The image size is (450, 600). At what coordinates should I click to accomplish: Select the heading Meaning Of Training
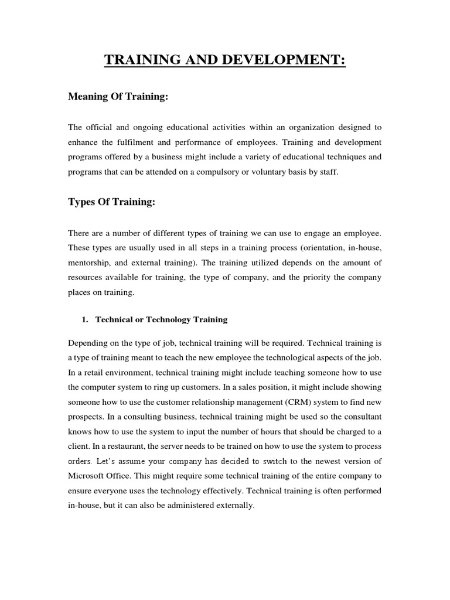coord(118,97)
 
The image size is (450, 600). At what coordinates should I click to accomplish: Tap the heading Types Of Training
coord(112,202)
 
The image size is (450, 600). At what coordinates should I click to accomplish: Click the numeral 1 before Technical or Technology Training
coord(83,320)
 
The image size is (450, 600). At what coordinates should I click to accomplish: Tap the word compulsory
coord(260,173)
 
